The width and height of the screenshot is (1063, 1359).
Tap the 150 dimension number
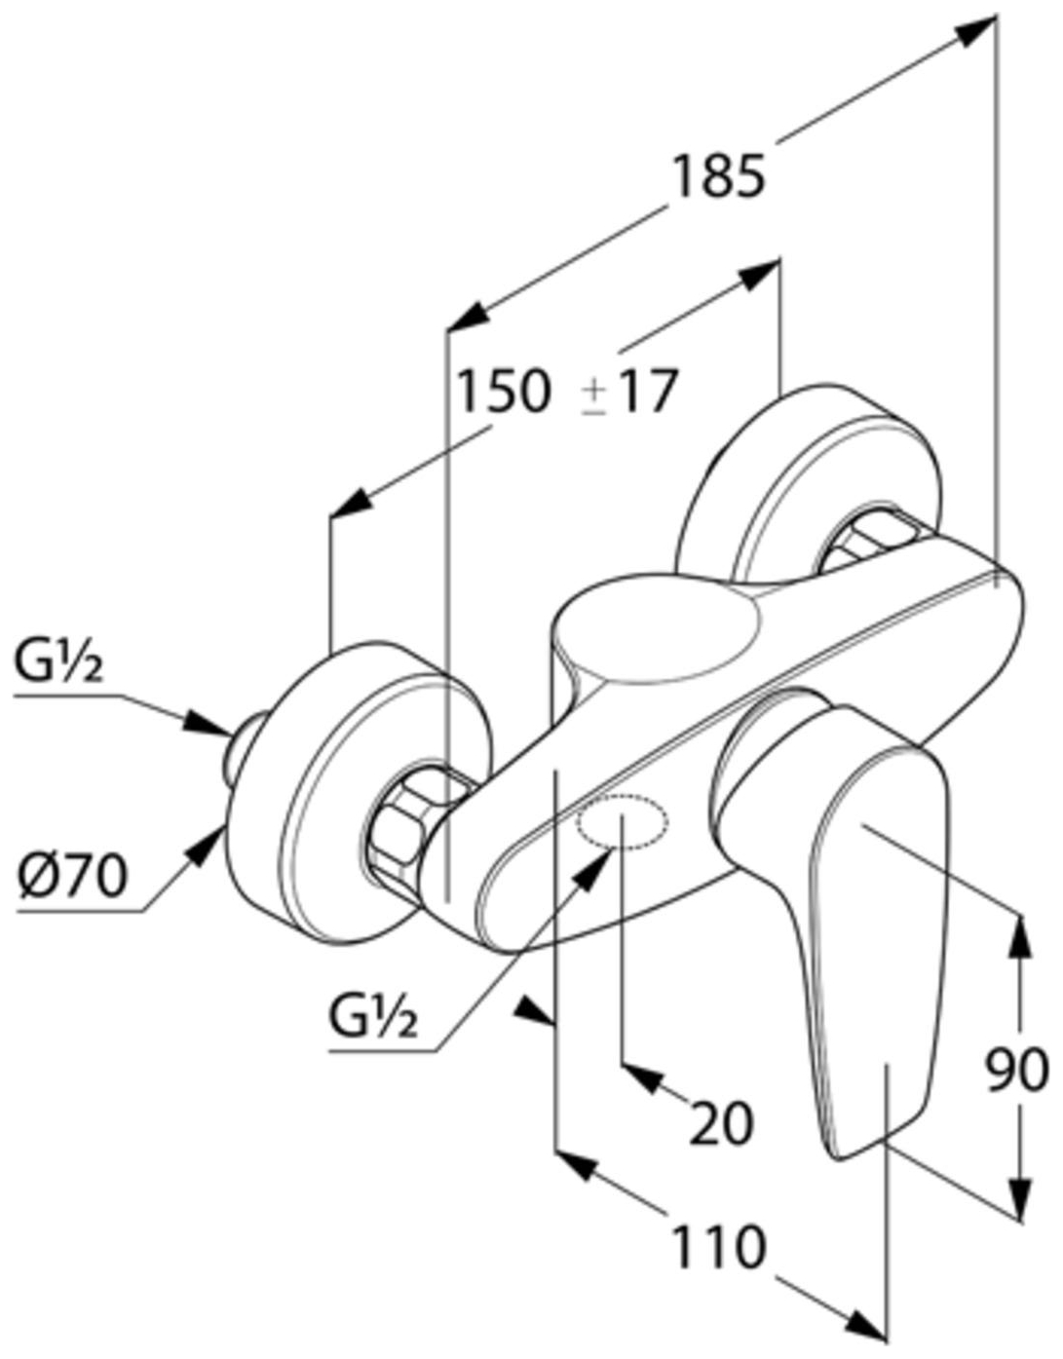[506, 391]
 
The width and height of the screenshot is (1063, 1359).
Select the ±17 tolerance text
[629, 393]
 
